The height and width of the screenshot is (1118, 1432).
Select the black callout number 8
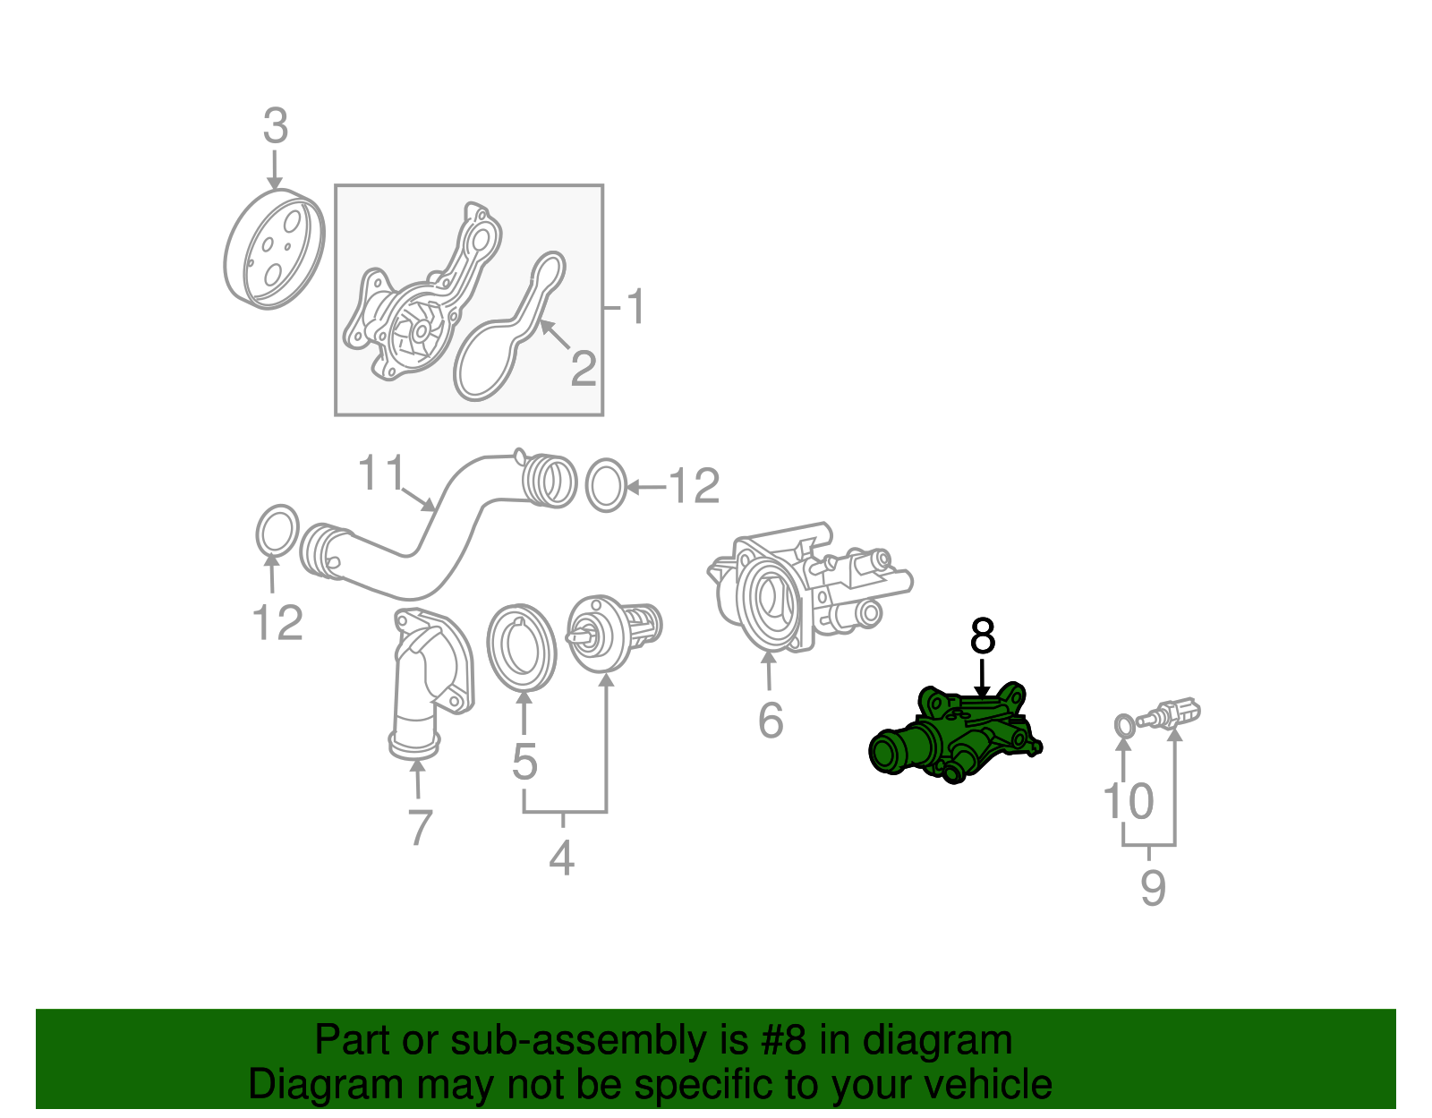point(982,637)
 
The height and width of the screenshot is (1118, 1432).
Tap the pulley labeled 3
point(273,250)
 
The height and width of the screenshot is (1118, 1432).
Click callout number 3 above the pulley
point(276,126)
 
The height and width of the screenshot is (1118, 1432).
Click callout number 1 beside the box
point(635,308)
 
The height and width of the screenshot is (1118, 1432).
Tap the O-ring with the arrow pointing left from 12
point(606,486)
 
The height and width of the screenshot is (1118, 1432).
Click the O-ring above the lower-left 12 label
point(277,532)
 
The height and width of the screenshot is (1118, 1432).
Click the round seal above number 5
point(521,646)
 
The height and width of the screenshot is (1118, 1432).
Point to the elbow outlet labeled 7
point(425,680)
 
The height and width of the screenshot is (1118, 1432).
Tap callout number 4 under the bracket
point(561,858)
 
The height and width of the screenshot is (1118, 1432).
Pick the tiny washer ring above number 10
point(1125,725)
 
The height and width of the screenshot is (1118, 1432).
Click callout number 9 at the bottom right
point(1153,888)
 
